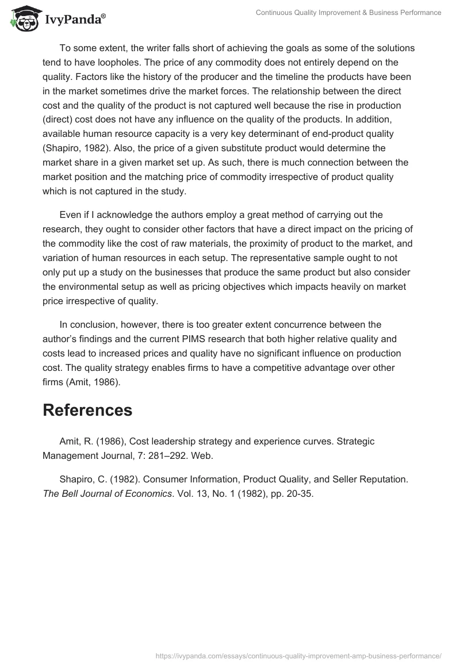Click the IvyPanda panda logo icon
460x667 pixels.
pos(21,17)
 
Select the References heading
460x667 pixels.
pos(87,410)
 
